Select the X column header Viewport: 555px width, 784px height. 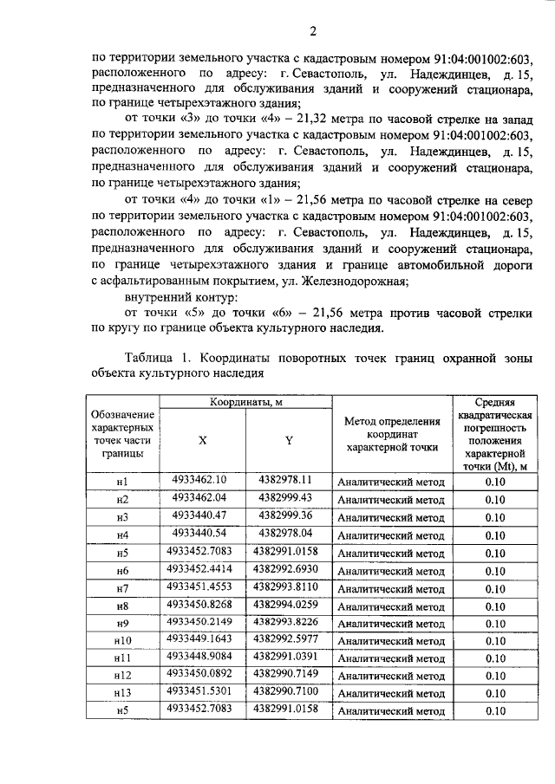[x=202, y=440]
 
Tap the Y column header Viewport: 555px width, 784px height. [x=289, y=440]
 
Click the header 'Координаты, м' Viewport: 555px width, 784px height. [x=245, y=403]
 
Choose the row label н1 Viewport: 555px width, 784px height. [x=122, y=483]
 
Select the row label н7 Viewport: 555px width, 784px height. [x=122, y=589]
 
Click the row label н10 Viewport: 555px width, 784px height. [x=122, y=641]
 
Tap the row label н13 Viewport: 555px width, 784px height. [x=122, y=693]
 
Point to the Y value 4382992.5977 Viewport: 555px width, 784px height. [x=288, y=638]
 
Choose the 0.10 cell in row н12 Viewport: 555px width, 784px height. [x=495, y=677]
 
